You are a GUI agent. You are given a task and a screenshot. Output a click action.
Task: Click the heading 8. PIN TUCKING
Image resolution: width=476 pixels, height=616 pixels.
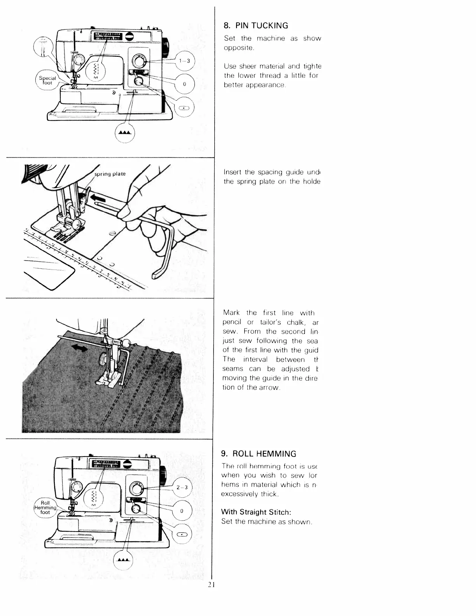coord(256,26)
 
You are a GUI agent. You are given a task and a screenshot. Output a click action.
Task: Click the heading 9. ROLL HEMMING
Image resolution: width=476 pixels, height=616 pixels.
coord(259,454)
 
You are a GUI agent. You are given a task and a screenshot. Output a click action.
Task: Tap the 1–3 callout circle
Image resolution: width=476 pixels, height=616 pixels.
coord(184,61)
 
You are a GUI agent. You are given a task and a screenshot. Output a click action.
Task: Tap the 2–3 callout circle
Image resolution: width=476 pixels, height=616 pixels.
coord(182,488)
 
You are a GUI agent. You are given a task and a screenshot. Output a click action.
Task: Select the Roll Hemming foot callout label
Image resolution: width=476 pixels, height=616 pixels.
coord(45,507)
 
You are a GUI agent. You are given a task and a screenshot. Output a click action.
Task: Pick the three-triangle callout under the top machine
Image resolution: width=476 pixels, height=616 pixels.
coord(125,133)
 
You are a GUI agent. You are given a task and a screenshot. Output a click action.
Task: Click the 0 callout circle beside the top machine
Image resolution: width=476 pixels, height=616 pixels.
coord(184,84)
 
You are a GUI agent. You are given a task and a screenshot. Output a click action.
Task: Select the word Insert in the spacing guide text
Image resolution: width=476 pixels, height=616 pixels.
coord(233,172)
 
